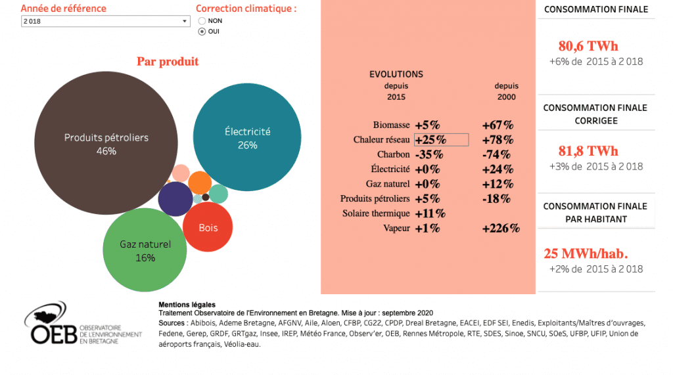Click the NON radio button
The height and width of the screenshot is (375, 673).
[202, 21]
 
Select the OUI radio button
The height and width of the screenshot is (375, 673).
[202, 31]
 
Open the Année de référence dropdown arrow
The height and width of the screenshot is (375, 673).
[185, 22]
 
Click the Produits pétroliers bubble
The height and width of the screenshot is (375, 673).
[106, 144]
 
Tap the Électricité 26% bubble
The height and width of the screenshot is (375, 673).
[247, 138]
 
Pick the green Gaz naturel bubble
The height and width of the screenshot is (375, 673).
[145, 250]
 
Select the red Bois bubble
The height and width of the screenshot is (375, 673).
[207, 228]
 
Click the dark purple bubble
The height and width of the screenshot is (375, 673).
[175, 199]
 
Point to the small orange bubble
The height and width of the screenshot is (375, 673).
[199, 182]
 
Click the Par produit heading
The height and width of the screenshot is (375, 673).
[168, 62]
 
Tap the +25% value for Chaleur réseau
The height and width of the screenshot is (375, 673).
[430, 140]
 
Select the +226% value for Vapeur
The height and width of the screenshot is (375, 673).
[501, 229]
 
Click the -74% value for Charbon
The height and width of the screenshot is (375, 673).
[496, 155]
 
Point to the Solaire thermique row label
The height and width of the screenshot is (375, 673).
[376, 213]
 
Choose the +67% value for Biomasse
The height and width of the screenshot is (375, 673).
[498, 125]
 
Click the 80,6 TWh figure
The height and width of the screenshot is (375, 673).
[588, 47]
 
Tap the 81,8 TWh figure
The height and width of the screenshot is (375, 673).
[588, 151]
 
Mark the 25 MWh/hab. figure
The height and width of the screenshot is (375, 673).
[586, 254]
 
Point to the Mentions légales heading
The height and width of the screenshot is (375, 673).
[187, 305]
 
